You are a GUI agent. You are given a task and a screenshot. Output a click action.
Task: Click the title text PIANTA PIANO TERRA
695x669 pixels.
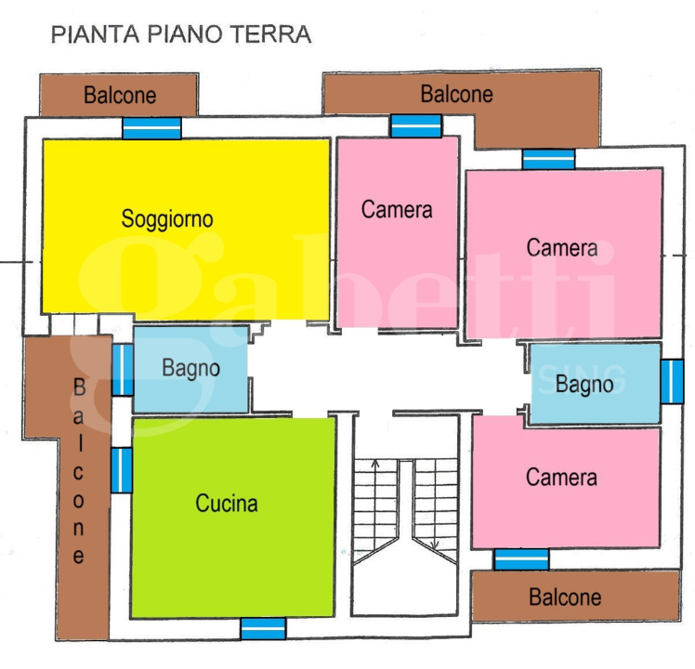click(x=180, y=35)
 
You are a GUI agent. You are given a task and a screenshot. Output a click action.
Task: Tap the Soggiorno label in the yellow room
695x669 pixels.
click(x=167, y=219)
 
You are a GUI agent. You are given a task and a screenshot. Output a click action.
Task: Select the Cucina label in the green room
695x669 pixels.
click(x=226, y=504)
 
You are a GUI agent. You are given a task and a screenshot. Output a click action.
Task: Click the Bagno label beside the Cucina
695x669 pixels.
click(x=190, y=368)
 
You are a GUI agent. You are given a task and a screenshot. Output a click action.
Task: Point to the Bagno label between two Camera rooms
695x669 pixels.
click(x=584, y=383)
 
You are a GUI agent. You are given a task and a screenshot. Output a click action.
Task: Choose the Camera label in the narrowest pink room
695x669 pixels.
click(x=397, y=210)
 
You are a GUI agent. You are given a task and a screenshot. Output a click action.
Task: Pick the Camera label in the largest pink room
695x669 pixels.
click(x=561, y=248)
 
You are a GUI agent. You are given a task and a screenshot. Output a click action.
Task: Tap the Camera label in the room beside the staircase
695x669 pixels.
click(x=561, y=478)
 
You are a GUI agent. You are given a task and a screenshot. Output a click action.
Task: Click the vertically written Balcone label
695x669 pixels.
click(x=79, y=471)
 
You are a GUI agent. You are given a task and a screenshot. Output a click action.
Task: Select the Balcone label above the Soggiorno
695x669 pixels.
click(x=120, y=95)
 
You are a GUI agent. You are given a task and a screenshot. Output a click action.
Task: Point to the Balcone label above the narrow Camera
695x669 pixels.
click(x=456, y=94)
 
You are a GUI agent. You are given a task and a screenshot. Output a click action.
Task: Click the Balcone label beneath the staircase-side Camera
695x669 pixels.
click(x=565, y=597)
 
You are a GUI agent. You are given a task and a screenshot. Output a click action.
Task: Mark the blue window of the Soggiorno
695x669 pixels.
click(x=152, y=128)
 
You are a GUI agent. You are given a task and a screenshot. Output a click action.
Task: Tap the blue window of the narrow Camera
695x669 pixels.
click(x=415, y=125)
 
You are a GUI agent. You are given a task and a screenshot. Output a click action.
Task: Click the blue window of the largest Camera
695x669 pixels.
click(x=548, y=159)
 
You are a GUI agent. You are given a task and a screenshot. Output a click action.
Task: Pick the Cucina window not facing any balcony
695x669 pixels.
click(x=263, y=629)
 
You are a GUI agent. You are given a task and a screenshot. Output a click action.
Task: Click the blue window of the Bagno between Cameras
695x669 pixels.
click(x=671, y=381)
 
